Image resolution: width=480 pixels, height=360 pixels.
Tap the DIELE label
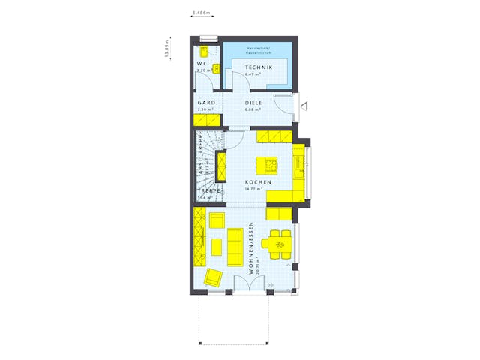click(x=253, y=103)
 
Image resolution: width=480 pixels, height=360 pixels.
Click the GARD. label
click(x=206, y=103)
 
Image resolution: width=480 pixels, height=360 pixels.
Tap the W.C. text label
click(x=202, y=64)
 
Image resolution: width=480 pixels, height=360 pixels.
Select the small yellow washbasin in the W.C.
click(x=217, y=68)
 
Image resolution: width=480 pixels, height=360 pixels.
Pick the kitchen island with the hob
click(x=266, y=165)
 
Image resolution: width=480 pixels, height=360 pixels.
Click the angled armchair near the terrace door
click(x=214, y=277)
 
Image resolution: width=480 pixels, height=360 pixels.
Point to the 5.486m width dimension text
click(x=201, y=13)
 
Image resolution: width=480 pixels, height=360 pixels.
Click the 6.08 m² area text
click(x=253, y=109)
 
